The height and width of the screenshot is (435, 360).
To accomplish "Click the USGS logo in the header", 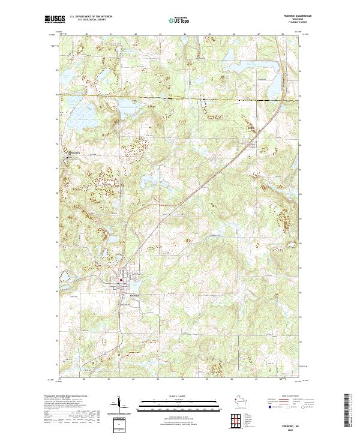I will point(55,20).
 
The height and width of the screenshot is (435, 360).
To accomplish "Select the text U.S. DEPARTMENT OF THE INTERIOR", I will point(91,17).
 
